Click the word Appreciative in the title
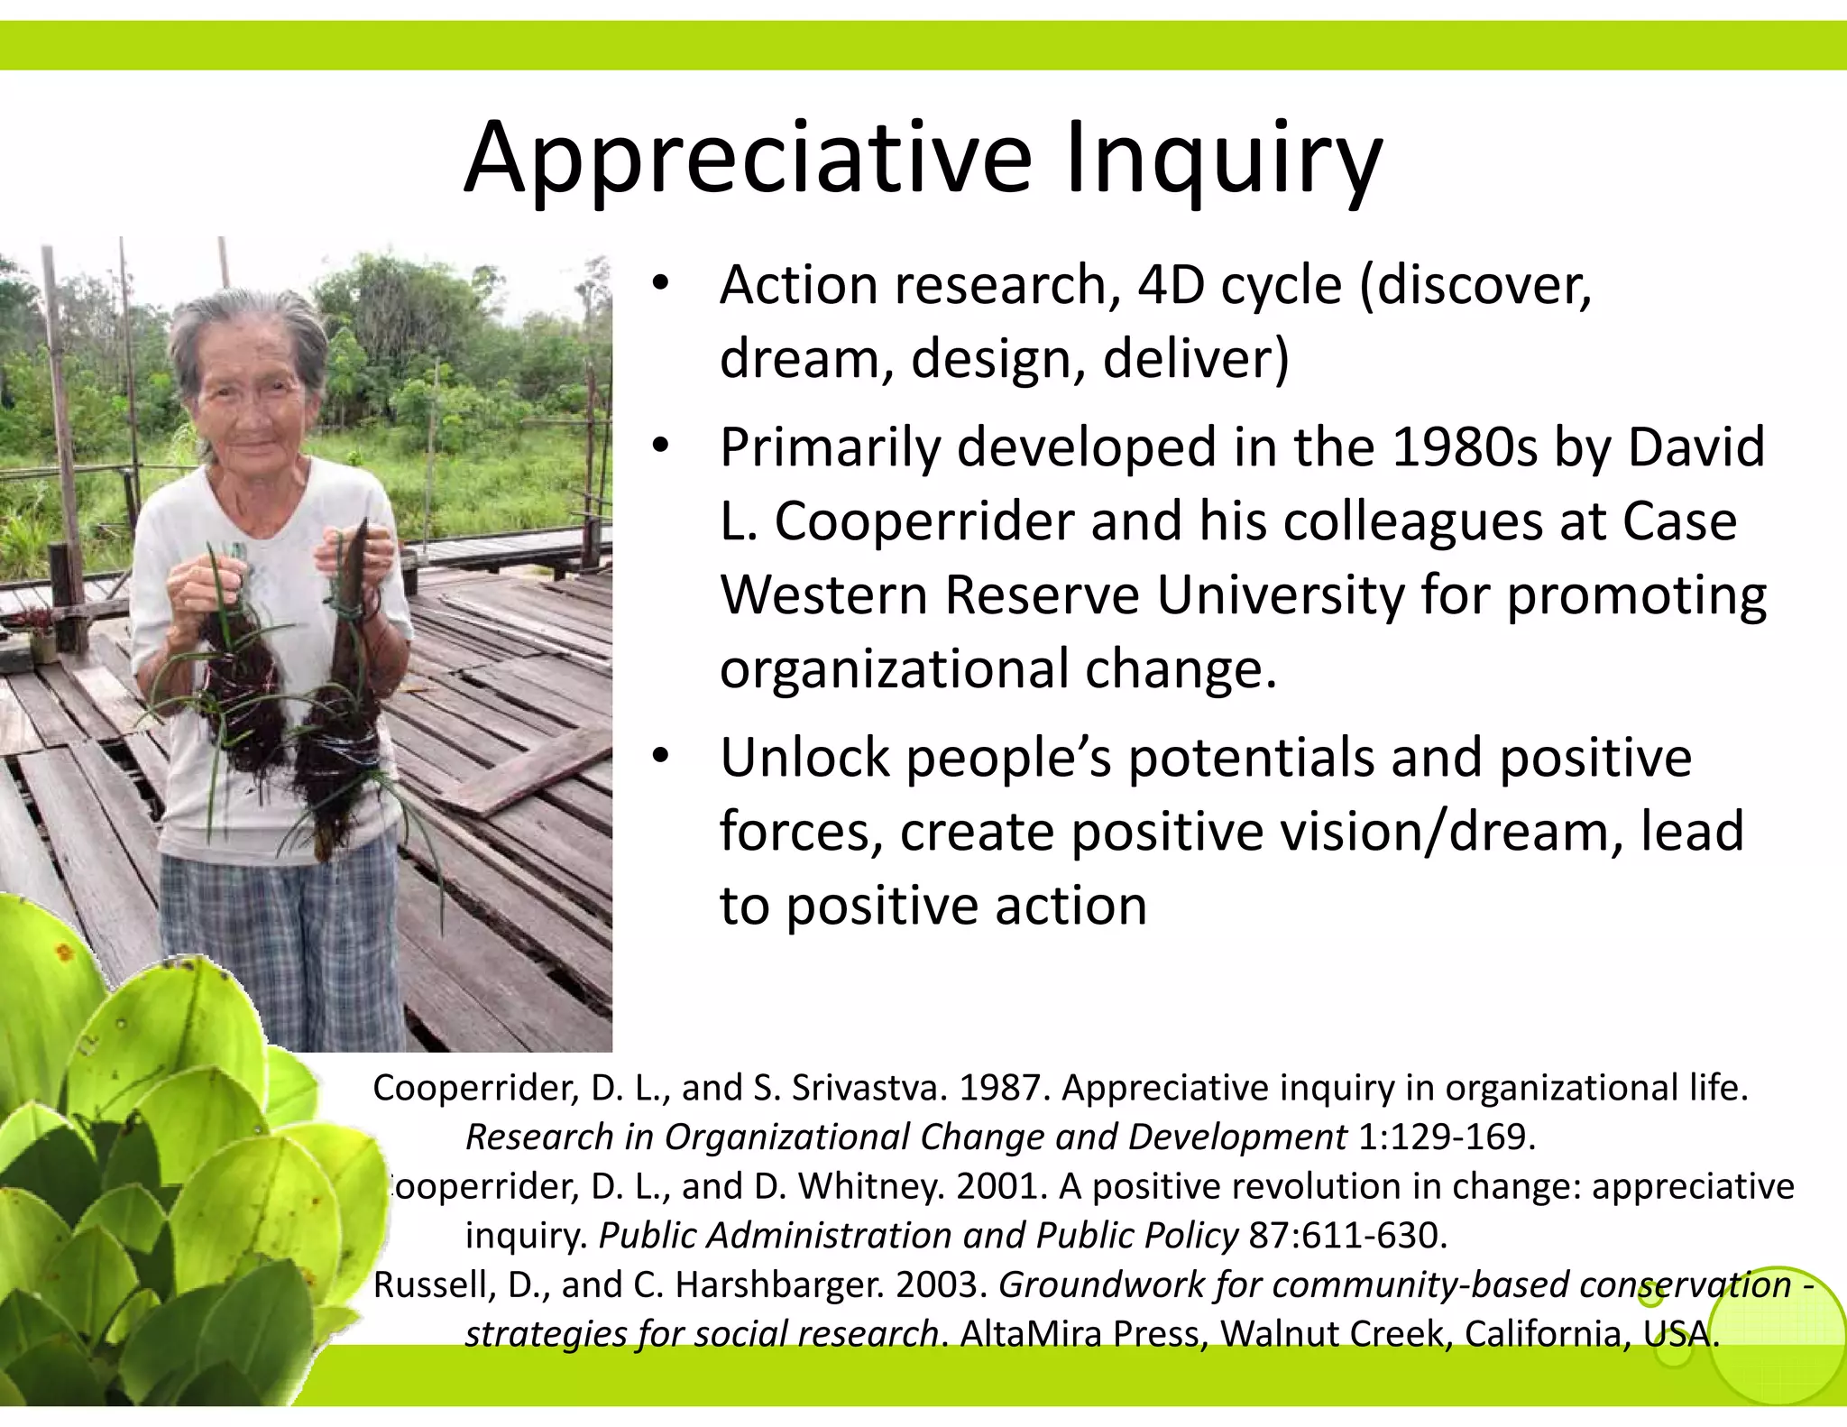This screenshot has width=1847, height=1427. point(748,159)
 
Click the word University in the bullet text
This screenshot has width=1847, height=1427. point(1281,595)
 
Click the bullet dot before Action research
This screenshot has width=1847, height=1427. point(661,284)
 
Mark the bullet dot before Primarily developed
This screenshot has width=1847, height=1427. point(661,446)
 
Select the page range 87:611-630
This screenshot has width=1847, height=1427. point(1347,1235)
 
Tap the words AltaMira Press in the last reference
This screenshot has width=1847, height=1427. point(1083,1333)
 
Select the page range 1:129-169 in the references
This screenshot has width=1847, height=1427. point(1446,1137)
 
